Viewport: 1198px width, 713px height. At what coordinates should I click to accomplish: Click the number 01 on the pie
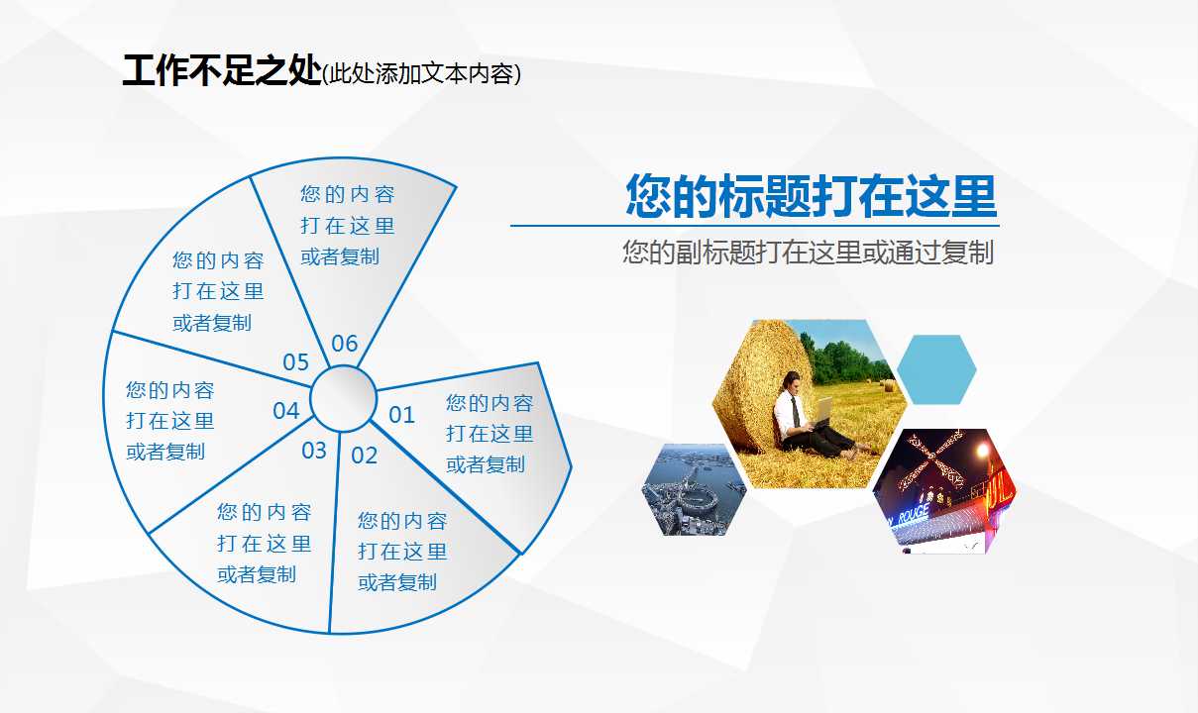click(401, 415)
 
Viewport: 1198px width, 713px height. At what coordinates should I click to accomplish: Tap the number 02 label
click(365, 456)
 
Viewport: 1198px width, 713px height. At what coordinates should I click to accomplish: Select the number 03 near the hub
click(314, 451)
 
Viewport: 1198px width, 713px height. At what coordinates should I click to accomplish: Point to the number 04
click(286, 410)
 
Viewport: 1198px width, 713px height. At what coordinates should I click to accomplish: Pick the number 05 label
click(296, 362)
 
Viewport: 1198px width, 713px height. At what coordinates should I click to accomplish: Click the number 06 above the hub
click(344, 344)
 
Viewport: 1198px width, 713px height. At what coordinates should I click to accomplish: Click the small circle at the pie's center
click(343, 399)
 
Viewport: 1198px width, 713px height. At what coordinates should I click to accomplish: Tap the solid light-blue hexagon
click(936, 369)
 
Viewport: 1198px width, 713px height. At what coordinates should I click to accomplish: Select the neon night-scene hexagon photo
click(944, 490)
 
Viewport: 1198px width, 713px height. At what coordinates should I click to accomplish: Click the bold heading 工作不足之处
click(221, 72)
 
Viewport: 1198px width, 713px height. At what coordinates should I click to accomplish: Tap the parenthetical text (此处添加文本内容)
click(422, 74)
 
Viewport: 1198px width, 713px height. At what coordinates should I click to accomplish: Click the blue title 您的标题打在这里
click(811, 196)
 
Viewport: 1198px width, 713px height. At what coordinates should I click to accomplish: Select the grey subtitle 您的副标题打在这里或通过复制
click(808, 252)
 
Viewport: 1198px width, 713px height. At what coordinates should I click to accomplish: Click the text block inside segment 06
click(347, 226)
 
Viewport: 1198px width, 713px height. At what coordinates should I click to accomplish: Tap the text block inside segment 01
click(489, 434)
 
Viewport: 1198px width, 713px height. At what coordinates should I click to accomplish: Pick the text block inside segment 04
click(169, 421)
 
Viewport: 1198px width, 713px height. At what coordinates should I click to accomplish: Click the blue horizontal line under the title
click(753, 226)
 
